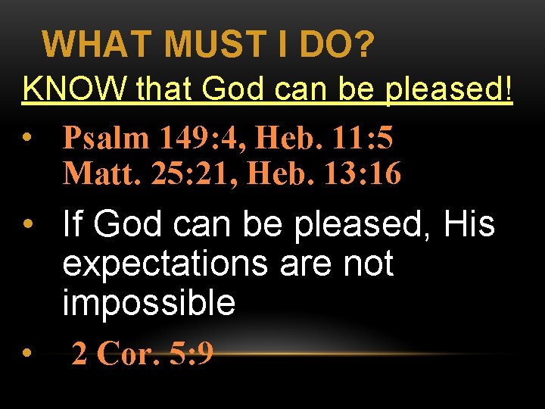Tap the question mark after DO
pos(363,45)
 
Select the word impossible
pos(148,303)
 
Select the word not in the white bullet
pos(366,264)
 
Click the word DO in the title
pos(328,45)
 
